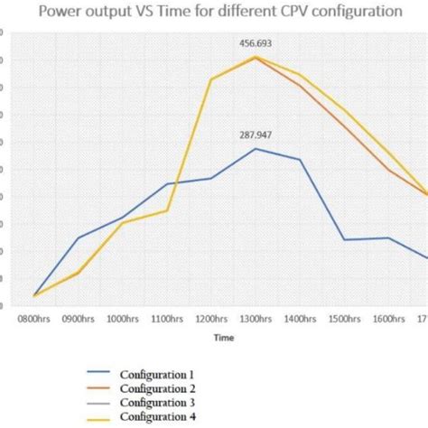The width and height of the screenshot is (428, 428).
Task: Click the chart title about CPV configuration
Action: point(214,13)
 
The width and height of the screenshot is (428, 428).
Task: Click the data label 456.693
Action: point(256,42)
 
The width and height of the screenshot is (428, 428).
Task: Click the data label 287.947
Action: point(256,135)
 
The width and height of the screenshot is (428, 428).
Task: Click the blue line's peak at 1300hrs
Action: point(256,148)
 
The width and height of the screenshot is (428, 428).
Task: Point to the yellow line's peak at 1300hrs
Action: point(256,57)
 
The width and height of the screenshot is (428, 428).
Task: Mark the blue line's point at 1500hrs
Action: point(344,239)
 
